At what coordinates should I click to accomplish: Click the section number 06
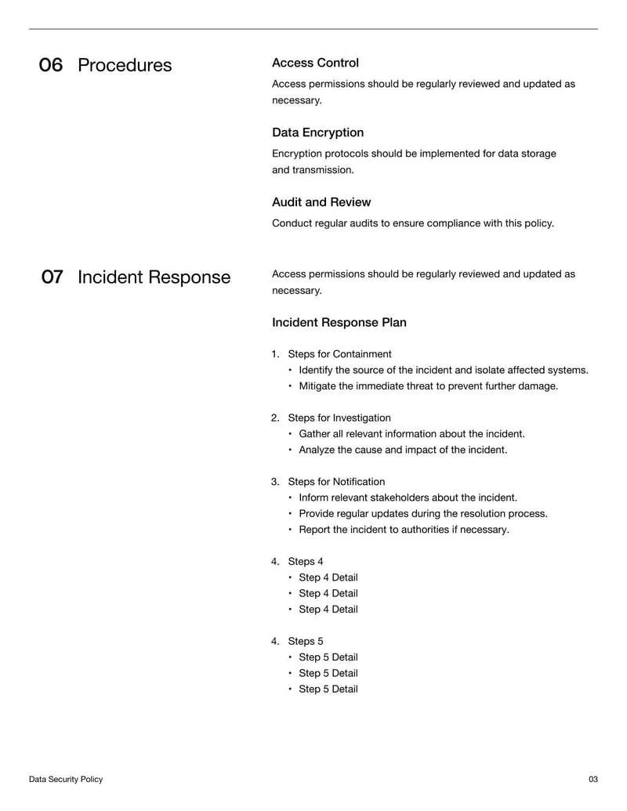coord(51,65)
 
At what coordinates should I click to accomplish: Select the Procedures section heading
coord(125,65)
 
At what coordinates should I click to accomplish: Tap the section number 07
coord(52,277)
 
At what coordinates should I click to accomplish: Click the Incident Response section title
coord(154,277)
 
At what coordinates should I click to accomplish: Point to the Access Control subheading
coord(315,63)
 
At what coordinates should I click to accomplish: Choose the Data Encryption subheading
coord(317,132)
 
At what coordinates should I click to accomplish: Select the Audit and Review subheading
coord(321,202)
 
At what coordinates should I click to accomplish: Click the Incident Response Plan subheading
coord(339,323)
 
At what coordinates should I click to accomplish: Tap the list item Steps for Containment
coord(339,354)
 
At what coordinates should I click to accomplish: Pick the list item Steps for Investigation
coord(339,418)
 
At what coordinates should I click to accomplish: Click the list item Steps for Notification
coord(336,482)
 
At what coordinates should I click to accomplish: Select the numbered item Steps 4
coord(305,561)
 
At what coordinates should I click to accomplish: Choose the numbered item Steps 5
coord(305,641)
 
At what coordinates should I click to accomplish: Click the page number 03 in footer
coord(593,780)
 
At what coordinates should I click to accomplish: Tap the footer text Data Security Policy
coord(66,780)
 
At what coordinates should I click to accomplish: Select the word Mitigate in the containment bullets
coord(319,386)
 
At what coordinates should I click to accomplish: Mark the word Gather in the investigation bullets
coord(315,434)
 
